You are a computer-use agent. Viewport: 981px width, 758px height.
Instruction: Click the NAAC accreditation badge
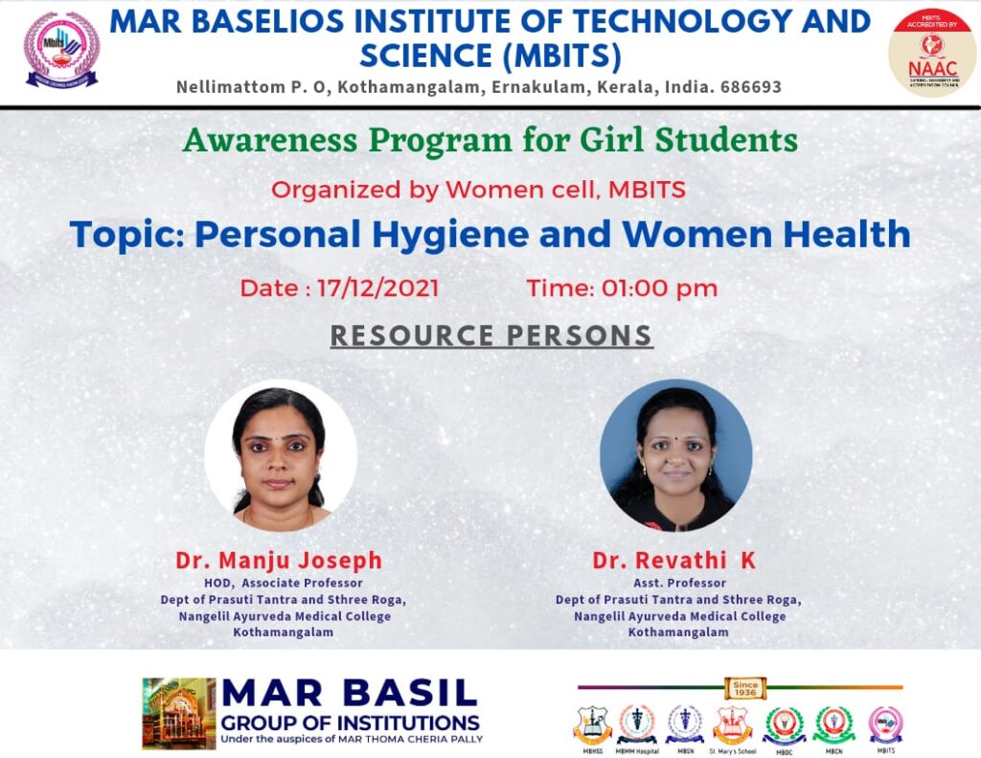point(931,53)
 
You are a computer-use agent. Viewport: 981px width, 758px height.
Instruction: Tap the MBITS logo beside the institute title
point(61,49)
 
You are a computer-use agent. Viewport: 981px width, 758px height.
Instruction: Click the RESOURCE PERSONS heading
point(491,336)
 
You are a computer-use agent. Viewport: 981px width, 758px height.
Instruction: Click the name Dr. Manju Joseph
point(279,560)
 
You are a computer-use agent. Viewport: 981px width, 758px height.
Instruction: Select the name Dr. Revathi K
point(674,560)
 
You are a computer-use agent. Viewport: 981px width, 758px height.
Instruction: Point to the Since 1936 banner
point(744,689)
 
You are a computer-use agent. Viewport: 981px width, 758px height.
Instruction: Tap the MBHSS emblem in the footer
point(592,724)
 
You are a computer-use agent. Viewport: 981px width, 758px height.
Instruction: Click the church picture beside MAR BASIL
point(179,713)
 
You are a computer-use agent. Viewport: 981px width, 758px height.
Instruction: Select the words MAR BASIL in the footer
point(349,694)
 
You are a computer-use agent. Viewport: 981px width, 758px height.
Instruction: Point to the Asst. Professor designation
point(679,583)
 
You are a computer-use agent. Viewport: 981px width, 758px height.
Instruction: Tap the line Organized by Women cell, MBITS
point(478,190)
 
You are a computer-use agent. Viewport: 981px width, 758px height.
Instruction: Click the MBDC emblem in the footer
point(784,724)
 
